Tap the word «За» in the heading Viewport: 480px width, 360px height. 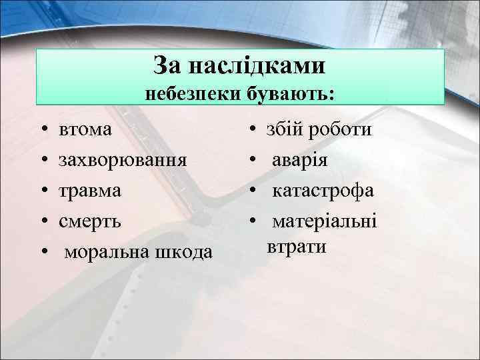[x=169, y=65]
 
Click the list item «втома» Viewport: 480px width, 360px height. [x=86, y=129]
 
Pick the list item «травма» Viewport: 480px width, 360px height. [x=90, y=191]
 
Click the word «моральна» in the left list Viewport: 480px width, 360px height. [x=106, y=252]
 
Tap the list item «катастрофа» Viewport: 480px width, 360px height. [x=324, y=191]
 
